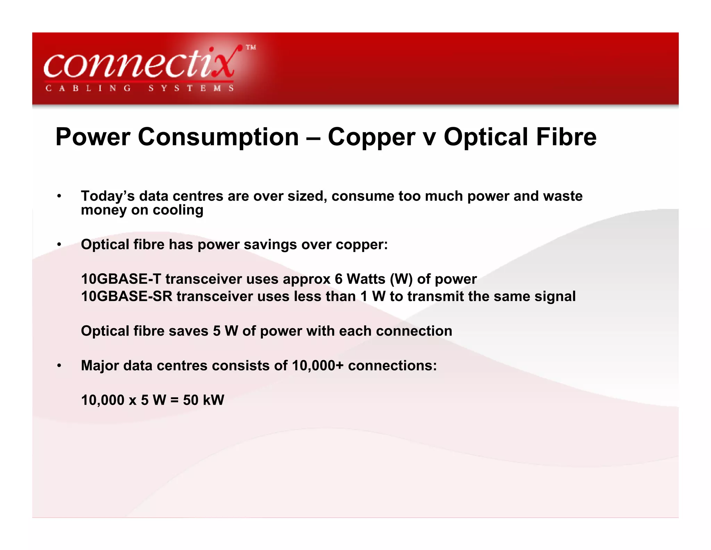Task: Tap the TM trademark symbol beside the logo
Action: (251, 48)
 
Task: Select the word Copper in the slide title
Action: (371, 137)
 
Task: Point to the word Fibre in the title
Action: (566, 137)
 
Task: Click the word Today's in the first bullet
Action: (108, 196)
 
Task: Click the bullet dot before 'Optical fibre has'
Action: (59, 245)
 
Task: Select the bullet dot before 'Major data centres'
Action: (59, 366)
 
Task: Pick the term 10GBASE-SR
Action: (126, 297)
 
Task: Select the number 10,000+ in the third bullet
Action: (318, 366)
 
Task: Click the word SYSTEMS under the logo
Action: (191, 88)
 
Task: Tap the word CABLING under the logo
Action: (88, 88)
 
